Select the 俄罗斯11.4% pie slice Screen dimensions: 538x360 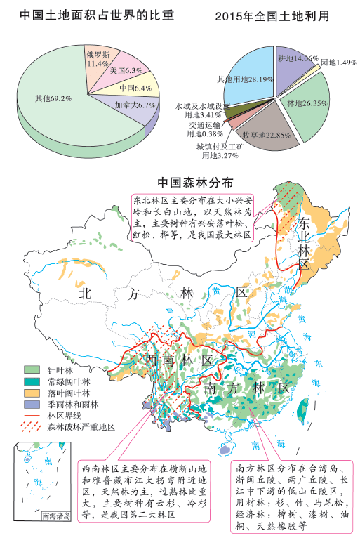click(98, 58)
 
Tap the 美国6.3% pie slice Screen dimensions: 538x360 click(126, 70)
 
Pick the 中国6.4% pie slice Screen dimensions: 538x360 click(135, 88)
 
